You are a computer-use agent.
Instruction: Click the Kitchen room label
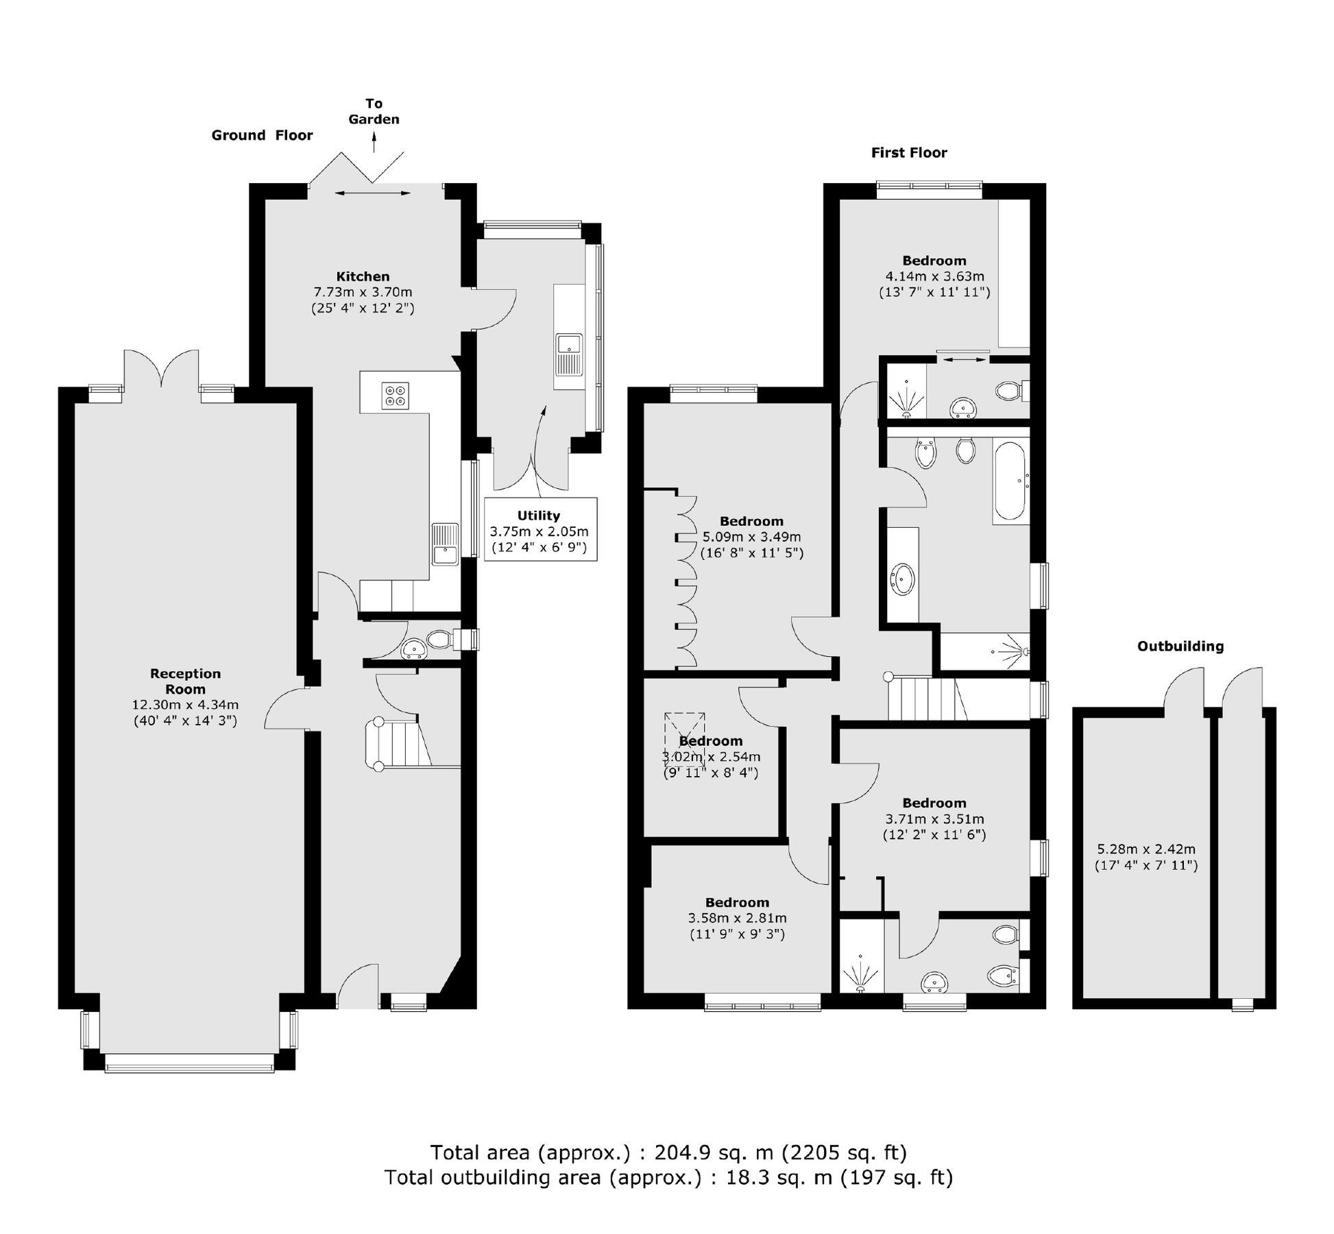[x=363, y=277]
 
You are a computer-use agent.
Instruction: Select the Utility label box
[x=540, y=529]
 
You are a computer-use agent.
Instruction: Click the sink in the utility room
[x=568, y=354]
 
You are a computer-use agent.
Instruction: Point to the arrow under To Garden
[x=374, y=142]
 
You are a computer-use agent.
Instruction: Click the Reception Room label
[x=185, y=681]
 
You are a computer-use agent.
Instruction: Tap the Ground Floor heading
[x=262, y=136]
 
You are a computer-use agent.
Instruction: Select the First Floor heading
[x=908, y=153]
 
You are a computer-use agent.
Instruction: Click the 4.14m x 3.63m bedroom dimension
[x=934, y=277]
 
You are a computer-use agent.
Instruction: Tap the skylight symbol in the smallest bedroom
[x=684, y=739]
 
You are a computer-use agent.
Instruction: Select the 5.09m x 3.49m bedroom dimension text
[x=751, y=537]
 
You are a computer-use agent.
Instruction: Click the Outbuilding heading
[x=1180, y=646]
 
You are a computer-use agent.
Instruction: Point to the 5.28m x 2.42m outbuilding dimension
[x=1145, y=849]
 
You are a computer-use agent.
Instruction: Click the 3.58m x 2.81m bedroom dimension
[x=737, y=918]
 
